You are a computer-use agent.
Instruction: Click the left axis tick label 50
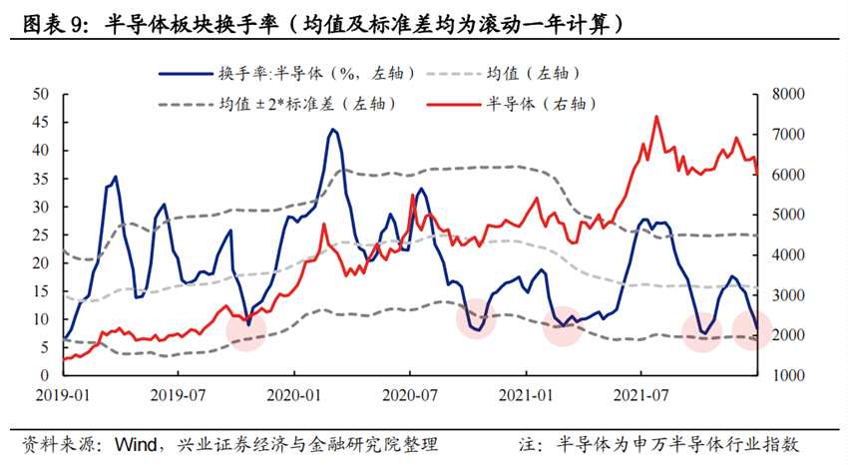pyautogui.click(x=42, y=94)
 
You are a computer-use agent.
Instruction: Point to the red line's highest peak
pyautogui.click(x=656, y=117)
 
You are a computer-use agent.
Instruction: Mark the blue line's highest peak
pyautogui.click(x=333, y=129)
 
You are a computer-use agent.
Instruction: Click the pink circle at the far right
pyautogui.click(x=752, y=329)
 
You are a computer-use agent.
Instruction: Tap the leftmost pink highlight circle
pyautogui.click(x=246, y=327)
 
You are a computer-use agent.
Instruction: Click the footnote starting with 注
pyautogui.click(x=658, y=443)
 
